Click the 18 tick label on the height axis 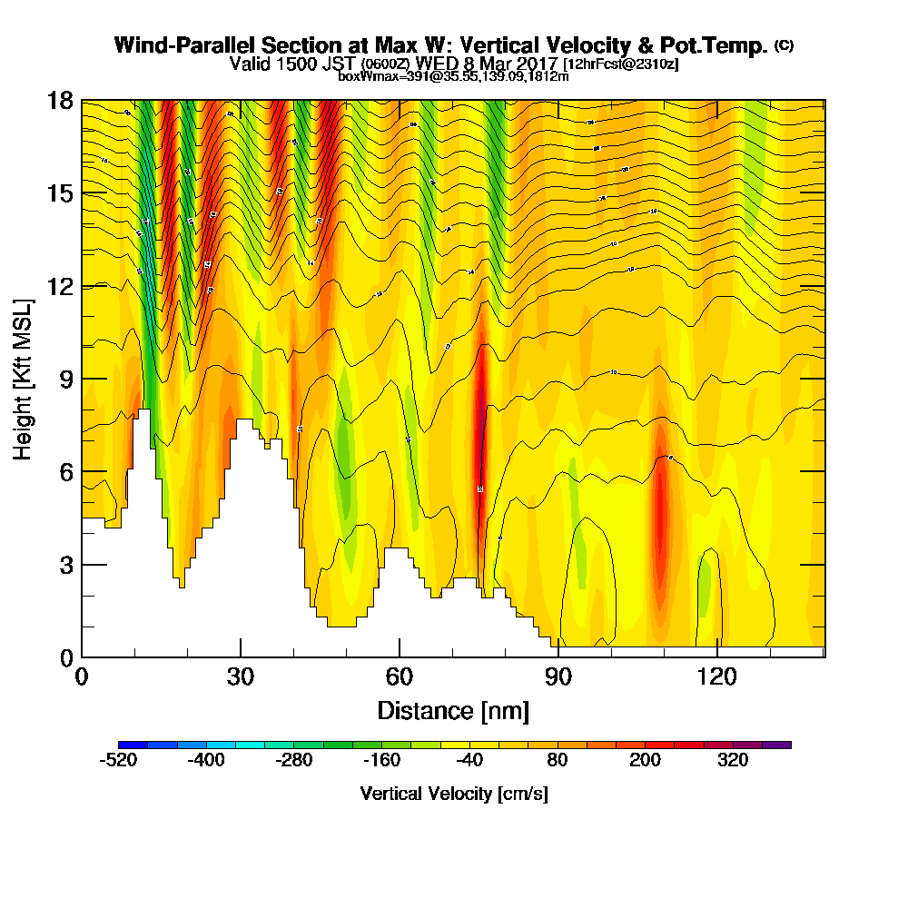point(60,100)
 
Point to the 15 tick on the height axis point(60,192)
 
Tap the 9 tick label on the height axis point(66,379)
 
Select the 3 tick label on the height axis point(66,564)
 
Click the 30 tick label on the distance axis point(240,676)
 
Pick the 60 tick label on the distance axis point(399,676)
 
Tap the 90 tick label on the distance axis point(558,676)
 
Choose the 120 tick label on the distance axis point(716,676)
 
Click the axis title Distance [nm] point(453,709)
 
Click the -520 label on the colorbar point(118,761)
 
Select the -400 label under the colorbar point(206,761)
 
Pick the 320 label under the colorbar point(733,761)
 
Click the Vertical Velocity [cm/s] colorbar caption point(454,794)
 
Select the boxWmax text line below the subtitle point(453,76)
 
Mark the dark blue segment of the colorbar point(129,745)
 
